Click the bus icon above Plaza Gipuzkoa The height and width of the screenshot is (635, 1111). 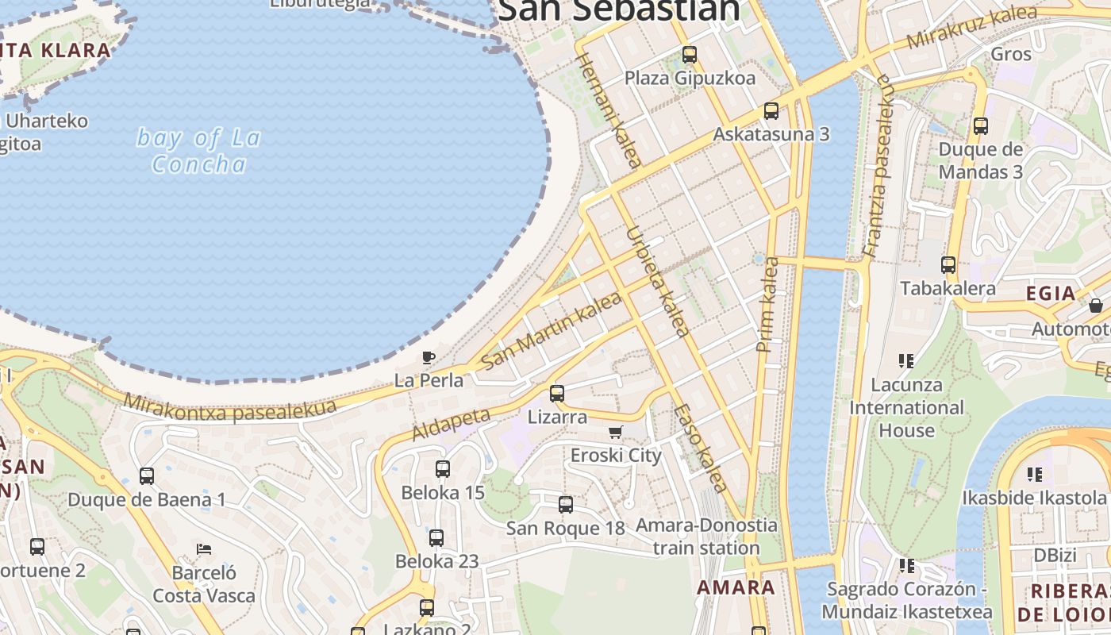[689, 55]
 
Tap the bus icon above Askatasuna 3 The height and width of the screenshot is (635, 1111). [771, 111]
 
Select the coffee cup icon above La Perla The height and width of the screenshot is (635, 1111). [429, 357]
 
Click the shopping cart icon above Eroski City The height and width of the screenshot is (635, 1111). [615, 433]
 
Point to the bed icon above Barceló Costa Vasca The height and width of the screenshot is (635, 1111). [204, 548]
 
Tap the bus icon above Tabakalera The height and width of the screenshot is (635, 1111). [948, 265]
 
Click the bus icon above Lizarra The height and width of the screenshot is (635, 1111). [557, 393]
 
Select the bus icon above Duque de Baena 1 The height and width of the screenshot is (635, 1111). [147, 476]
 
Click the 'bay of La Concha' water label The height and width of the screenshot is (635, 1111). [198, 151]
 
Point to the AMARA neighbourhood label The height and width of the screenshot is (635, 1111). [736, 587]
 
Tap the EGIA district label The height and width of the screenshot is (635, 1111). [1051, 294]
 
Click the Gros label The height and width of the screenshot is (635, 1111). [1011, 54]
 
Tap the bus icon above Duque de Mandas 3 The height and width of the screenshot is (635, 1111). [980, 125]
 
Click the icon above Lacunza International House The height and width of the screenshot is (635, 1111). [906, 362]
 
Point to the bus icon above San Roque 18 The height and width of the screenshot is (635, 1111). [565, 505]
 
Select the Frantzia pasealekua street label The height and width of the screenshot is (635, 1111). [880, 167]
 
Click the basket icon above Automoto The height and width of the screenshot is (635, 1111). [1096, 305]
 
